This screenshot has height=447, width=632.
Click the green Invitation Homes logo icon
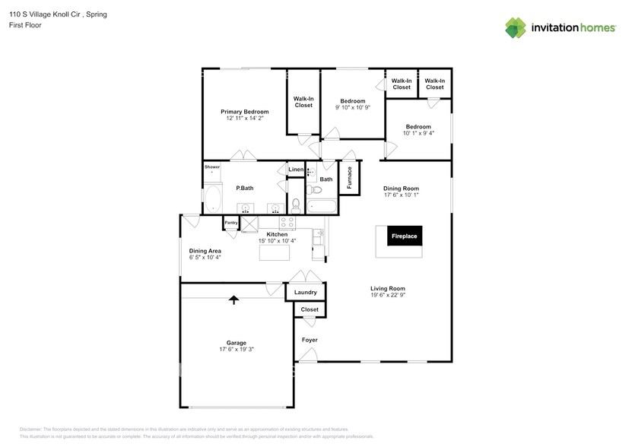517,27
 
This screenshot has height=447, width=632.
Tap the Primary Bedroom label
245,112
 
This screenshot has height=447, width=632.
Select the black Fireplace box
404,236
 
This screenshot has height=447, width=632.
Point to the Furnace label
349,177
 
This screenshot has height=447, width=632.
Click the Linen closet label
296,169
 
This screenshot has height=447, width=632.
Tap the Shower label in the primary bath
211,166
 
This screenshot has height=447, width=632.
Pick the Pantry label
230,222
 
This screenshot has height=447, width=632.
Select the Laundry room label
306,292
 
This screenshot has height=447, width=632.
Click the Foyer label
310,340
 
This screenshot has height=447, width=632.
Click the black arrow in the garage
233,300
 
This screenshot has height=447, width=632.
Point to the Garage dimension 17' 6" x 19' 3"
236,350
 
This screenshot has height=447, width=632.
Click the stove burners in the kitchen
288,223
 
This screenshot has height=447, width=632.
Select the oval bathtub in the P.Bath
212,200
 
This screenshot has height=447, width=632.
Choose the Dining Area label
205,250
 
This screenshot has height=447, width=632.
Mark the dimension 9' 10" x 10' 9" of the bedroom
352,108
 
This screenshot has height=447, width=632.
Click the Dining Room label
401,189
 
